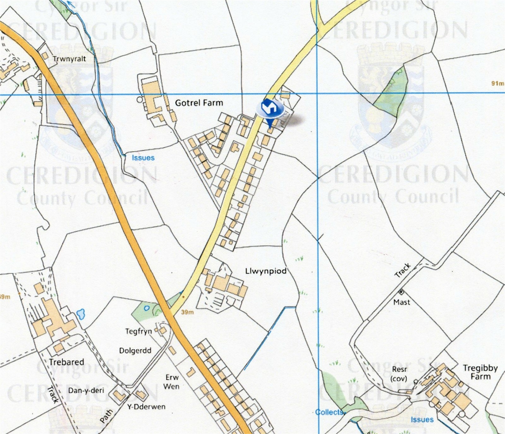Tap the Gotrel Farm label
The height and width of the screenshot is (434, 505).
coord(199,103)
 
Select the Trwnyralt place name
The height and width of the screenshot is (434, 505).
coord(69,59)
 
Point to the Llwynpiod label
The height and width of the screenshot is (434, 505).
coord(266,271)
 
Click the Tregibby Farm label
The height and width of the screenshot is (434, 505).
coord(480,372)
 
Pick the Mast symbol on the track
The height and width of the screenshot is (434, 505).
coord(401,292)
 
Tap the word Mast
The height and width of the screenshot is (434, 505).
coord(401,302)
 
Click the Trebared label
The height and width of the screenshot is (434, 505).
coord(66,362)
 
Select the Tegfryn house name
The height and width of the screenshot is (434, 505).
coord(138,331)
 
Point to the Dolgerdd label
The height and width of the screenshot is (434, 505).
coord(135,351)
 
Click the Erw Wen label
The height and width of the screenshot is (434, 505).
coord(171,382)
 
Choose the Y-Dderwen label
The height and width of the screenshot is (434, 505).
coord(146,407)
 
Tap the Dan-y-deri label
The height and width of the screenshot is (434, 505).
coord(86,391)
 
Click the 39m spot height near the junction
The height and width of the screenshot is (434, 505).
coord(187,312)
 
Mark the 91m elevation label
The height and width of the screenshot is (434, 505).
coord(497,83)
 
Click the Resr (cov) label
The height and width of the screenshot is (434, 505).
coord(399,373)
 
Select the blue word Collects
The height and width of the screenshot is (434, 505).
coord(329,412)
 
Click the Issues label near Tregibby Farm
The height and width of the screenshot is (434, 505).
coord(422,419)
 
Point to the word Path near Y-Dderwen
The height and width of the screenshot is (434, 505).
coord(107,416)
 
